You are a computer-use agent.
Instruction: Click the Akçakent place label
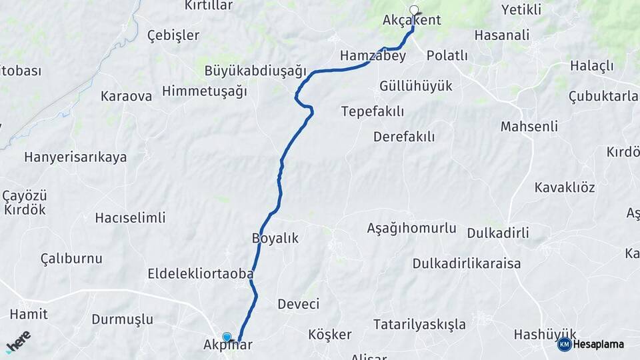click(411, 20)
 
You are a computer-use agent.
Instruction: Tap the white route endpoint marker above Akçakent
click(415, 10)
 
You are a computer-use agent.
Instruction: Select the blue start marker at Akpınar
click(227, 337)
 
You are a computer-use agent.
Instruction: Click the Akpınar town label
click(228, 346)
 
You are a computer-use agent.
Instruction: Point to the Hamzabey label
click(373, 56)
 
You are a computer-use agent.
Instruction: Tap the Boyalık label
click(275, 238)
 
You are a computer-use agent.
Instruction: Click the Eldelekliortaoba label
click(201, 273)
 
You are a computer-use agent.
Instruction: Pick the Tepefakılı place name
click(373, 111)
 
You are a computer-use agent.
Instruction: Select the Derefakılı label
click(404, 137)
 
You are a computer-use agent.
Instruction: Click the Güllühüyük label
click(415, 86)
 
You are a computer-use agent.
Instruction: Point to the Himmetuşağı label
click(205, 91)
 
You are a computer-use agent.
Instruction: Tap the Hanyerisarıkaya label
click(75, 157)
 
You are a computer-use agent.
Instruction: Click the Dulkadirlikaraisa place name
click(467, 263)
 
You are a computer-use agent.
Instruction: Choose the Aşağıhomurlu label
click(411, 228)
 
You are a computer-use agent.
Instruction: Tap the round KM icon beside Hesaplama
click(565, 344)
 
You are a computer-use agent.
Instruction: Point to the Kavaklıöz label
click(565, 187)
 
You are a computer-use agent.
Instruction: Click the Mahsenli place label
click(529, 126)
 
